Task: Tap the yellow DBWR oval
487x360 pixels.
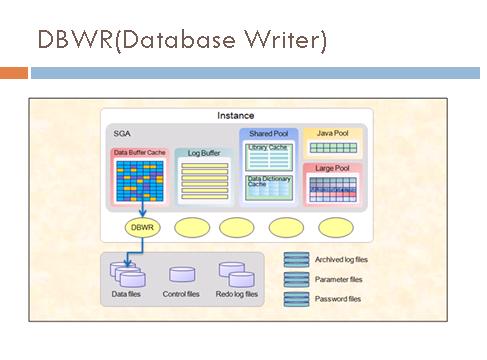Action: [143, 226]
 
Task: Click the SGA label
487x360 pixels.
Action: [123, 131]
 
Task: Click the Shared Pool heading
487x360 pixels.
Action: [268, 133]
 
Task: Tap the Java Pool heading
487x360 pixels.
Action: [330, 133]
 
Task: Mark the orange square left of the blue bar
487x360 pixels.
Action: [13, 73]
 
